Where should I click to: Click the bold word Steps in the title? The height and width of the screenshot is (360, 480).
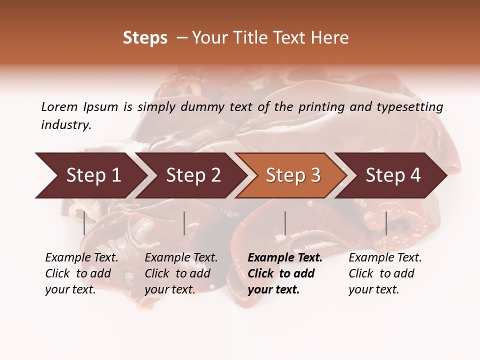point(145,38)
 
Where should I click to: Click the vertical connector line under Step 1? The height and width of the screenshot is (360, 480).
point(84,223)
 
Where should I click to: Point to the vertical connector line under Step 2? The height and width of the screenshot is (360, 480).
point(184,223)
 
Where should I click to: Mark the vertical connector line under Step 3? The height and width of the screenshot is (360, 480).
point(285,223)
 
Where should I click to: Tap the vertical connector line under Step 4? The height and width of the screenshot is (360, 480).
point(386,223)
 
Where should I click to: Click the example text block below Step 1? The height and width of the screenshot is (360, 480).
point(81,273)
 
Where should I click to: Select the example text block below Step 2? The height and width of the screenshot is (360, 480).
point(181,273)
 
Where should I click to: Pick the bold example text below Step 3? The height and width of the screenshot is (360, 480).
point(285,273)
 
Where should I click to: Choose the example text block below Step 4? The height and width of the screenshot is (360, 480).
point(385,273)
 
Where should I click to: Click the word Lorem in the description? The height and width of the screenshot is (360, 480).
point(59,106)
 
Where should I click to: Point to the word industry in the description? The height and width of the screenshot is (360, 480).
point(65,125)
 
